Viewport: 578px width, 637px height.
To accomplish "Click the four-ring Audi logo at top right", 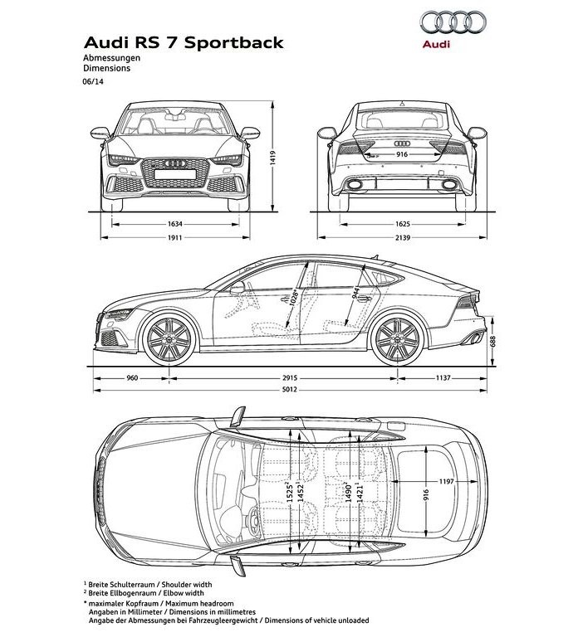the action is [453, 22].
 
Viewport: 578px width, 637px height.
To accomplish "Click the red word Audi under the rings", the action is [436, 44].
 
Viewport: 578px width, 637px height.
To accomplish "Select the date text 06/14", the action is [93, 81].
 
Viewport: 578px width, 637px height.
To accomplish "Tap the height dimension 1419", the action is [272, 158].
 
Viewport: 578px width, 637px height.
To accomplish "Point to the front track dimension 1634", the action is [175, 224].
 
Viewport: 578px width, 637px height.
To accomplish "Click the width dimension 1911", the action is [175, 237].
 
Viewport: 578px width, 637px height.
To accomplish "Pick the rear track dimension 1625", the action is [402, 224].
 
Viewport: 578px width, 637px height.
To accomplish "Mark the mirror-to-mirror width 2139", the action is [402, 237].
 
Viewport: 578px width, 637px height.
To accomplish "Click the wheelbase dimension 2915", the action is [290, 378].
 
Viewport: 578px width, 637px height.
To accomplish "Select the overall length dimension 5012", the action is [290, 390].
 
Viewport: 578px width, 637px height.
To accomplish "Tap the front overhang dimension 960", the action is [132, 378].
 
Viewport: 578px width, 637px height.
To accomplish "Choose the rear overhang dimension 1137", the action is [443, 378].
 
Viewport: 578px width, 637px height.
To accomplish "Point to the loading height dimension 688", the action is [493, 341].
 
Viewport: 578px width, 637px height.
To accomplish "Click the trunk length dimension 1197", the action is [446, 481].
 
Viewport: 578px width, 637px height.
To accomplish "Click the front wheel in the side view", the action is [169, 339].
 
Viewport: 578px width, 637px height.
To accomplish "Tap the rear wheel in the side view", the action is [398, 339].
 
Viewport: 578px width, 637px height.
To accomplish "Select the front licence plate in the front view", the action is [175, 174].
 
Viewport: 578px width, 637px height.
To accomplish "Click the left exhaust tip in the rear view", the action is [355, 185].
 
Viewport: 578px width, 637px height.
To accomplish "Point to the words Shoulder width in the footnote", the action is [187, 585].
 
